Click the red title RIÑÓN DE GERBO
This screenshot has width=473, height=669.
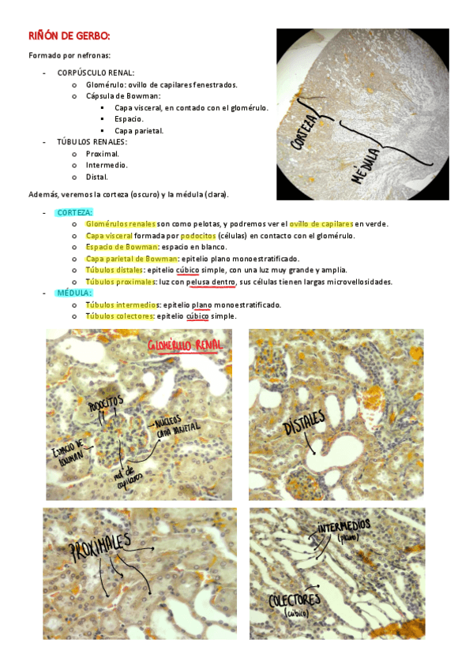click(69, 36)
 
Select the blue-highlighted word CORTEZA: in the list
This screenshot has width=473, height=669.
click(74, 212)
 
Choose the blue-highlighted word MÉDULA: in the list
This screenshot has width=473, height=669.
click(73, 293)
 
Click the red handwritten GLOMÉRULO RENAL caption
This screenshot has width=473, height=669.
click(186, 346)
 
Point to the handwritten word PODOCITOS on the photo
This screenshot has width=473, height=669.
click(106, 405)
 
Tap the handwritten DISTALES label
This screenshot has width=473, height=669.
click(304, 429)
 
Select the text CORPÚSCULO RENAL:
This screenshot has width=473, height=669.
click(96, 73)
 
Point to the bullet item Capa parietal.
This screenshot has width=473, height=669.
click(139, 131)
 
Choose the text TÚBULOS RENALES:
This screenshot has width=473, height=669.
click(92, 142)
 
